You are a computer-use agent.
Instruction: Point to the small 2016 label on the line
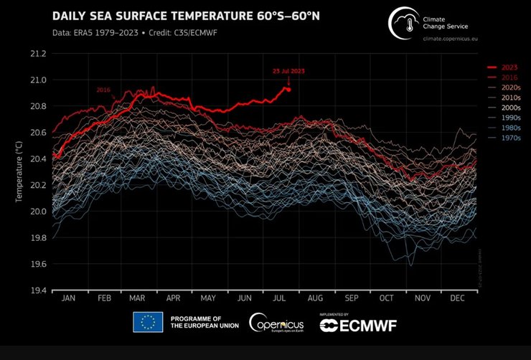[103, 90]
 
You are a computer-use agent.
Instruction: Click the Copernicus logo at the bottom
[276, 323]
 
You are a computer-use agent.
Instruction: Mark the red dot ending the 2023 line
[287, 89]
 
